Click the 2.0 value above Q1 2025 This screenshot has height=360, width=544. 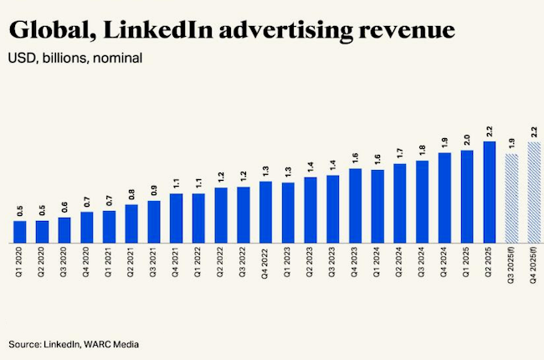tap(467, 140)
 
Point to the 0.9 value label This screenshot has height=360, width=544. tap(154, 190)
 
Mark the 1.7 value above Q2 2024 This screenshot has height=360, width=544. tap(400, 153)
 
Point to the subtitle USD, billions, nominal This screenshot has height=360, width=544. tap(74, 58)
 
